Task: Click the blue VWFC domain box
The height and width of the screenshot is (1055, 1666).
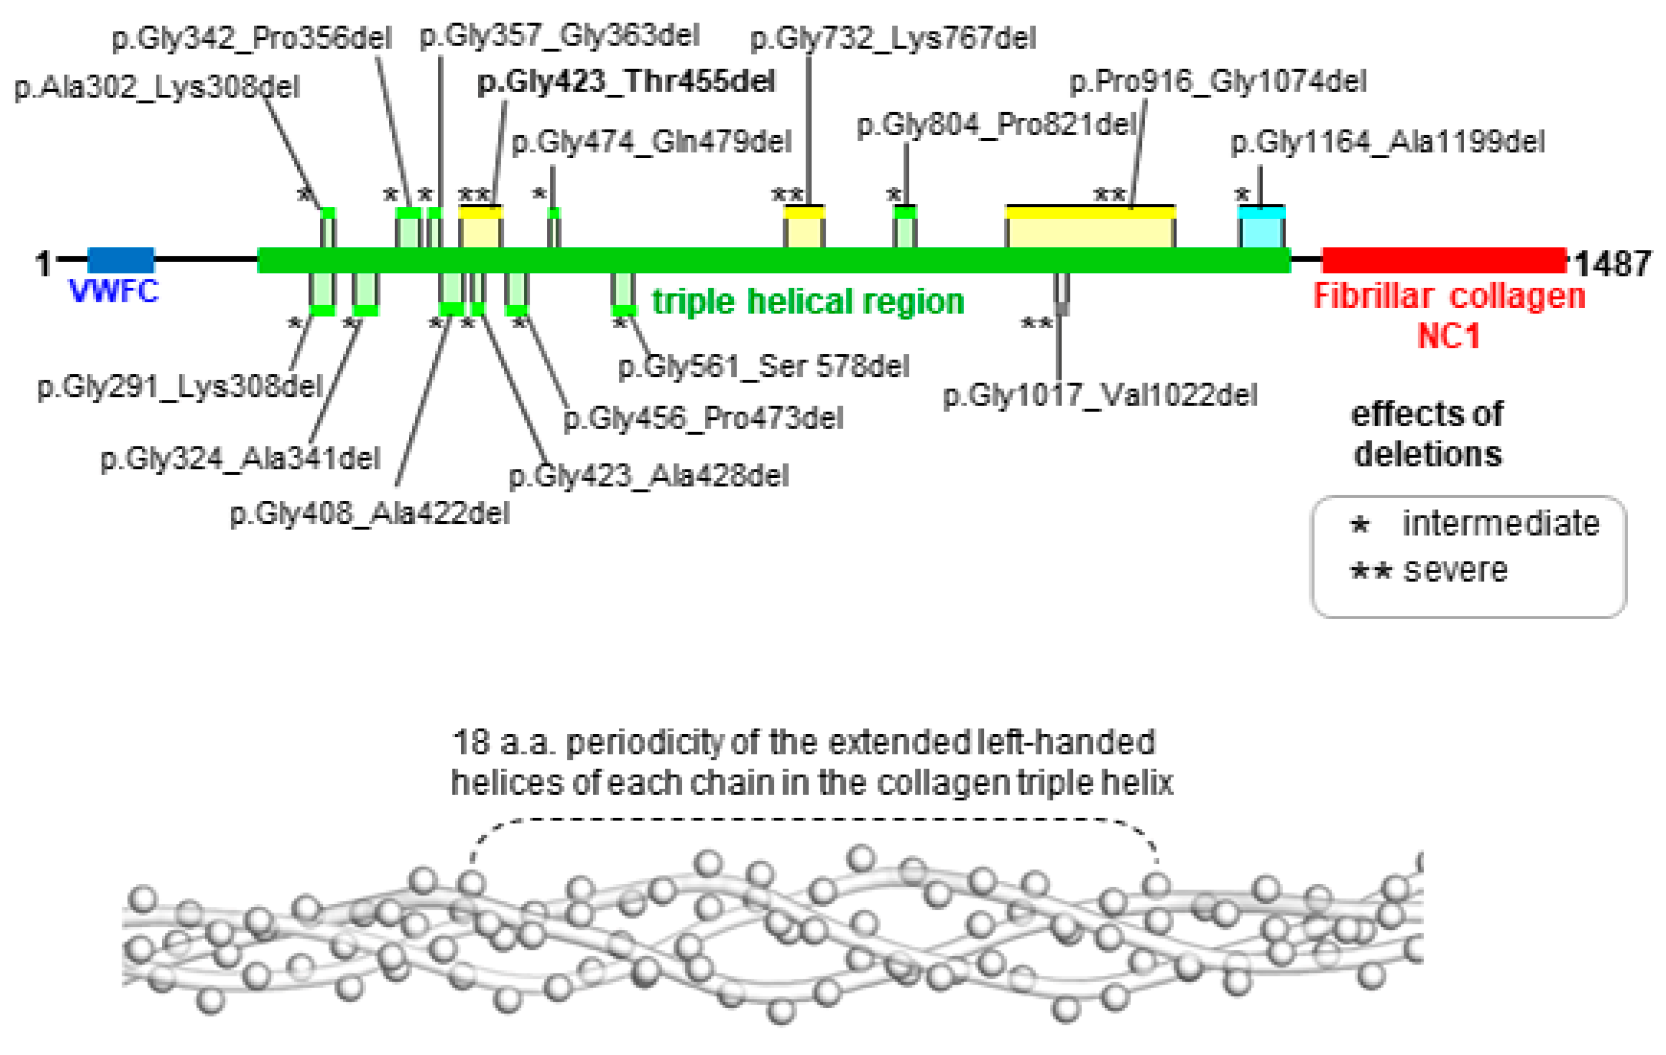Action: [121, 260]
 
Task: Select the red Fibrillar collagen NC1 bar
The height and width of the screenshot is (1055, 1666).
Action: [1444, 260]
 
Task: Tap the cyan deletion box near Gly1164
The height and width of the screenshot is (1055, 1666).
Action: [1261, 228]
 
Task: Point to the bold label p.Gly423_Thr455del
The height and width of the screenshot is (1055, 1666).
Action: [626, 82]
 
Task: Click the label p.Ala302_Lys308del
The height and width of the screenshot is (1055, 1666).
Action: [157, 88]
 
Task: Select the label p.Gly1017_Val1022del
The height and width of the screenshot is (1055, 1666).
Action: [1100, 395]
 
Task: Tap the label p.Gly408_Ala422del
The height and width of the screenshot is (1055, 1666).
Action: [369, 514]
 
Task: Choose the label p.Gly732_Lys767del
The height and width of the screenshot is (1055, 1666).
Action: [893, 38]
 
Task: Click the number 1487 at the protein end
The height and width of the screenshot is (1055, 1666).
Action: [1613, 264]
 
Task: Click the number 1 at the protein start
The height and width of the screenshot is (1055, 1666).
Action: [43, 264]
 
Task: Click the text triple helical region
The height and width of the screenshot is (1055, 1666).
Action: [808, 302]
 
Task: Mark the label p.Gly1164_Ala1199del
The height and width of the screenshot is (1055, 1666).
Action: [1387, 142]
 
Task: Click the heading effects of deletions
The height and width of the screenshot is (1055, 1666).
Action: [1427, 434]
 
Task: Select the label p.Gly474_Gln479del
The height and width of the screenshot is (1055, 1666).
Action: [651, 142]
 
